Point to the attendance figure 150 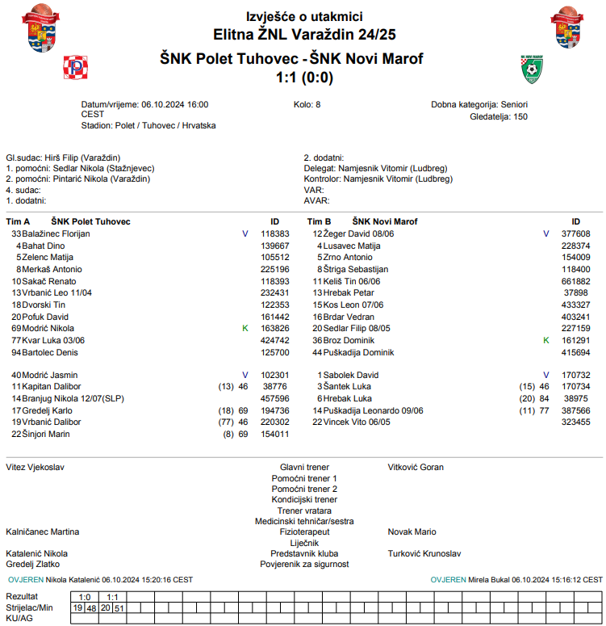click(x=520, y=116)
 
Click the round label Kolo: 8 click(x=307, y=104)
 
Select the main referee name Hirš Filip click(x=65, y=158)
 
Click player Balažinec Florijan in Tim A click(x=56, y=233)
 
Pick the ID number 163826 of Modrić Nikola click(x=275, y=329)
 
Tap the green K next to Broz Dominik click(x=546, y=341)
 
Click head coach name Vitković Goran click(x=416, y=467)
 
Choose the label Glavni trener click(x=304, y=467)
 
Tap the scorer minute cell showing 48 click(x=91, y=607)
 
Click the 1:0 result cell click(x=84, y=597)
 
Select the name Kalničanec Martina click(x=43, y=531)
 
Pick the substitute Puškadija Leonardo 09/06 click(x=373, y=410)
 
